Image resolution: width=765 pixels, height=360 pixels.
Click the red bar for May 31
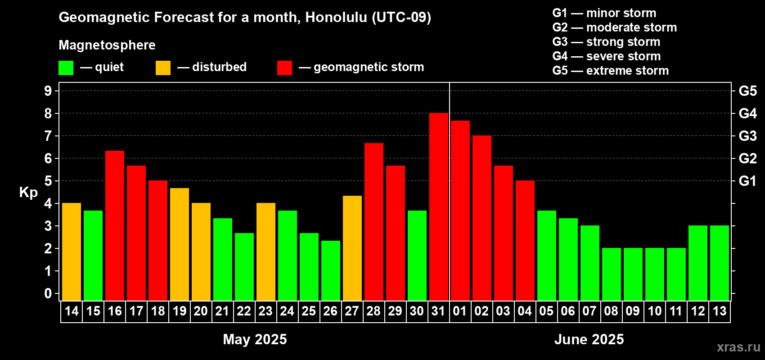tap(438, 207)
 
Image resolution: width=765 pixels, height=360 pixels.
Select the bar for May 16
tap(115, 225)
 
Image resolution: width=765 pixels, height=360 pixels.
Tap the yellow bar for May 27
tap(352, 248)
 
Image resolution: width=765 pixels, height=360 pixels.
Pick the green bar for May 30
tap(417, 256)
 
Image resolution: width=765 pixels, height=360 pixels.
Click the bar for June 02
tap(482, 218)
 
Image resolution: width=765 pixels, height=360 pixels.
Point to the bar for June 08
tap(611, 274)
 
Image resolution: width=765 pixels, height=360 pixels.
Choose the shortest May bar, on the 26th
tap(331, 270)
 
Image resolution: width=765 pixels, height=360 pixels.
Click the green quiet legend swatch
tap(66, 67)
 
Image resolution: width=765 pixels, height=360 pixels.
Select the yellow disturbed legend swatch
tap(163, 67)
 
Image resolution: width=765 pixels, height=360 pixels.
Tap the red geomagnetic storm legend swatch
tap(284, 67)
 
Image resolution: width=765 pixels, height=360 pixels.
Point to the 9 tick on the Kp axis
tap(48, 91)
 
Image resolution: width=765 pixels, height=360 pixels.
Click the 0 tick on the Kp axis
tap(48, 293)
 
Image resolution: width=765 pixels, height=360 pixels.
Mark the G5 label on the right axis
tap(747, 91)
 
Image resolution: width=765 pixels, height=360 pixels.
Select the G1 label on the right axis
tap(747, 181)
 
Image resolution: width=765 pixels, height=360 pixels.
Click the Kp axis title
tap(28, 192)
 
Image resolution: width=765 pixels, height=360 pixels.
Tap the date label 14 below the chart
tap(72, 311)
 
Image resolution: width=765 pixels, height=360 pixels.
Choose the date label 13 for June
tap(720, 311)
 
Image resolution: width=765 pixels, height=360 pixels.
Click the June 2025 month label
tap(589, 339)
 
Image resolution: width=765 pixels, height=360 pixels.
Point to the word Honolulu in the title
tap(336, 17)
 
